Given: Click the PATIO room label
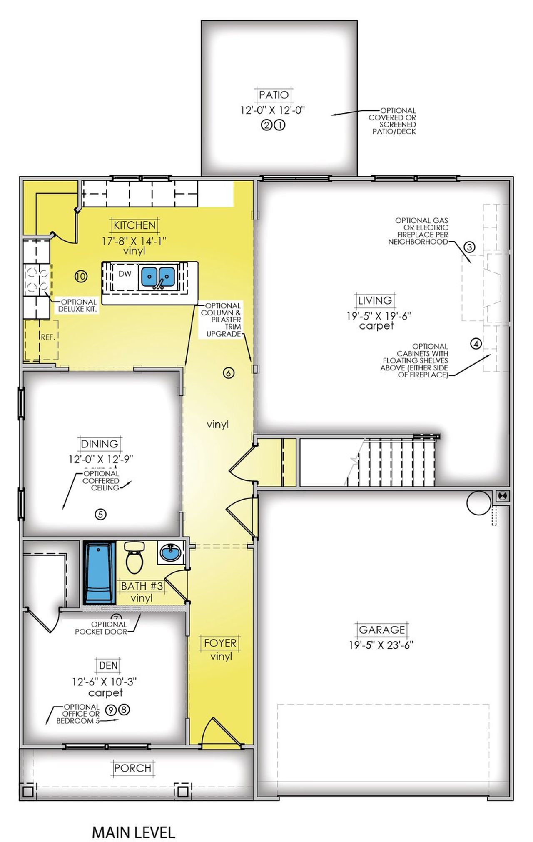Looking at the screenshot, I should click(x=274, y=95).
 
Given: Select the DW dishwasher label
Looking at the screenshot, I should click(x=125, y=274).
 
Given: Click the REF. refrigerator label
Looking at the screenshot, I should click(x=48, y=337).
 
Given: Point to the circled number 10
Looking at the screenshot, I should click(x=81, y=276).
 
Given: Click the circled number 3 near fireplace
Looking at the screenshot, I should click(x=469, y=247).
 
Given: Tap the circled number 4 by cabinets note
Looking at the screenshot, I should click(x=476, y=344).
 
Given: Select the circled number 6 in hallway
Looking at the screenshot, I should click(x=229, y=373).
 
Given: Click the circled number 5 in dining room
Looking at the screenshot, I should click(x=100, y=514).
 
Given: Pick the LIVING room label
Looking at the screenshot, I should click(x=375, y=300).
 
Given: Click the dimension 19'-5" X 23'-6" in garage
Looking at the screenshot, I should click(x=381, y=645).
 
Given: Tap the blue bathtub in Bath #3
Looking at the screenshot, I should click(x=100, y=572).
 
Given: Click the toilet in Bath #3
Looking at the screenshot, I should click(x=134, y=557).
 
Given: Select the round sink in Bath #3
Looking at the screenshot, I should click(x=171, y=553).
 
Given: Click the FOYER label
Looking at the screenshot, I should click(x=220, y=643).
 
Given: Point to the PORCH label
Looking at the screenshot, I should click(x=133, y=767).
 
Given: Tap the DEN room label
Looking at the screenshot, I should click(x=108, y=665).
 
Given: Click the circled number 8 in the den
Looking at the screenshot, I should click(x=124, y=709).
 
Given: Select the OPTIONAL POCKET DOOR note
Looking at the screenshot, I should click(x=101, y=628).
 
